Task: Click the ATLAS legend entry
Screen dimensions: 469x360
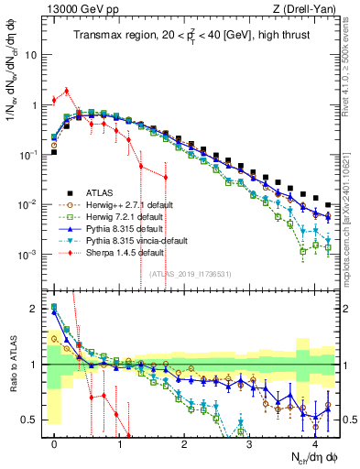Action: (x=101, y=192)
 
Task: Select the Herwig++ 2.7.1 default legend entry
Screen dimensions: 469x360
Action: (x=125, y=204)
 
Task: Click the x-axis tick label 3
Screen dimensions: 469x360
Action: (x=250, y=442)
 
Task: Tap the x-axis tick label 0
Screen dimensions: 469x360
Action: (x=55, y=442)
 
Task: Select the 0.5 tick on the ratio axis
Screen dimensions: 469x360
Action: (x=35, y=420)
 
